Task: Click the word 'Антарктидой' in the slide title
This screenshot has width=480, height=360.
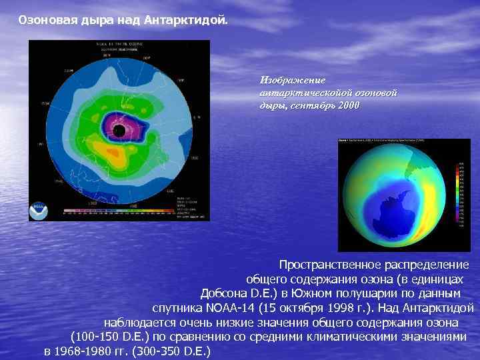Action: tap(191, 21)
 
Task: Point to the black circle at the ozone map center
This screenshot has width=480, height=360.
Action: tap(119, 129)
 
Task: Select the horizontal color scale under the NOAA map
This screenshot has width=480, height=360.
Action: tap(120, 211)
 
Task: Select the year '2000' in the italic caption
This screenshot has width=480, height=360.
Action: tap(347, 105)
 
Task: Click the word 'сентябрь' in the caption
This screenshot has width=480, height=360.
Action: tap(307, 105)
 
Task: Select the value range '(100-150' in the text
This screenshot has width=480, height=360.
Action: tap(93, 337)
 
